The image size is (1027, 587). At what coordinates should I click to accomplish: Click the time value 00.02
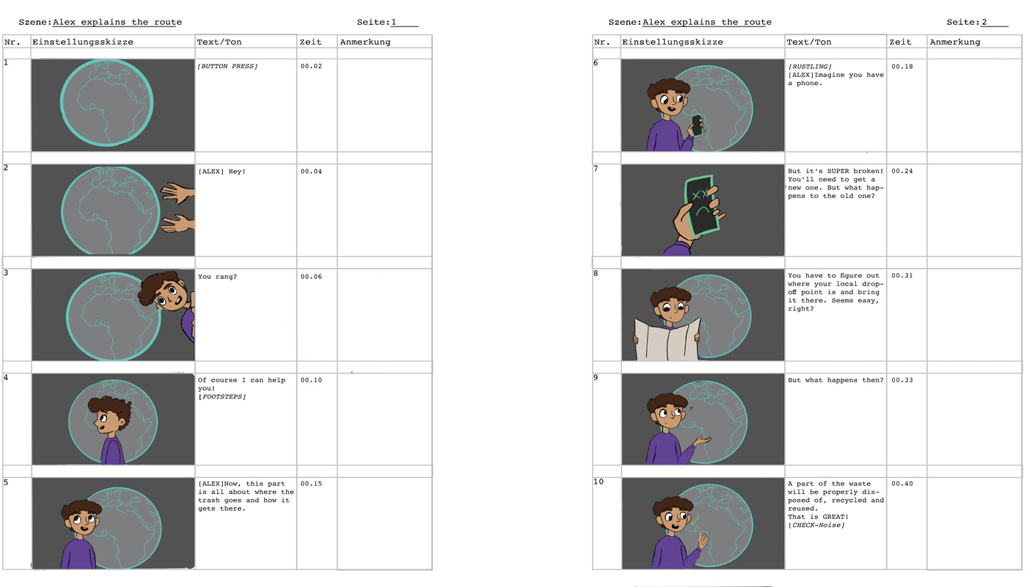pos(311,66)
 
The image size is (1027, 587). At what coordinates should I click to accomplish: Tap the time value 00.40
pos(902,484)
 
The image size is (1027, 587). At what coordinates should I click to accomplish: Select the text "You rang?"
pos(217,277)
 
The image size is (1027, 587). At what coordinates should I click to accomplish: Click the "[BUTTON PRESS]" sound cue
pos(227,66)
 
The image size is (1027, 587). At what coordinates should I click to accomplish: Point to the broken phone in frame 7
pos(701,206)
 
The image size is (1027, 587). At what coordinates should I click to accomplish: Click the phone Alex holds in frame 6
pos(697,125)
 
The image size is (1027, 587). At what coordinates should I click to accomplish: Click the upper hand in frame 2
pos(178,192)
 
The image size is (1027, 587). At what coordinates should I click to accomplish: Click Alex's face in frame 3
pos(169,294)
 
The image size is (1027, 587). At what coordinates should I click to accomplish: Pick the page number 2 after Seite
pos(984,22)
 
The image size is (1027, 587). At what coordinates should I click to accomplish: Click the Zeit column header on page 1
pos(310,42)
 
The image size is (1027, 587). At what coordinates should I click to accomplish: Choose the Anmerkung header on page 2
pos(954,42)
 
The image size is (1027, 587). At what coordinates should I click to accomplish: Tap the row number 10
pos(599,481)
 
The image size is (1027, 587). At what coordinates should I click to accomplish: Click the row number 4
pos(6,377)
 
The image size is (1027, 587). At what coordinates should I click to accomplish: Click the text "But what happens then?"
pos(836,380)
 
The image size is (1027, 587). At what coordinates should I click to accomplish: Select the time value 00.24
pos(902,171)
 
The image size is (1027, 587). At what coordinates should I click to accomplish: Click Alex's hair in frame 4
pos(111,406)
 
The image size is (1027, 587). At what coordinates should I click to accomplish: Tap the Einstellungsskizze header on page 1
pos(82,42)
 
